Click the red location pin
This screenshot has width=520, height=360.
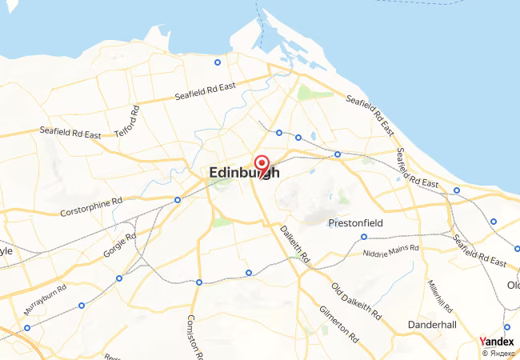coord(261,165)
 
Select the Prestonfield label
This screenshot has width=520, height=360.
coord(357,223)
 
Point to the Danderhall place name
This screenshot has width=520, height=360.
coord(431,325)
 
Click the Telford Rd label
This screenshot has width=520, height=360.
coord(126,122)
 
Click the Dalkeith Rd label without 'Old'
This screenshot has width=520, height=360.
coord(294,245)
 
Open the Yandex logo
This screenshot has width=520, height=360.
coord(497,342)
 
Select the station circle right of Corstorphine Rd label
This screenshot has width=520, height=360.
coord(177,199)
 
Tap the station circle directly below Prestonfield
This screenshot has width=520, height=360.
coord(364,237)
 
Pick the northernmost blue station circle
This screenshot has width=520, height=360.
coord(217,62)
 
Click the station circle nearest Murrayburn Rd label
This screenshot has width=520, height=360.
coord(82,305)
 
